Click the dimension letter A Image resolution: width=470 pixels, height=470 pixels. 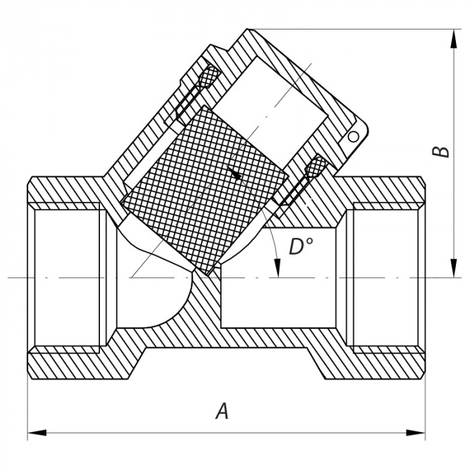pyautogui.click(x=222, y=411)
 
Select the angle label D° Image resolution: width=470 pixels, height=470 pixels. pyautogui.click(x=301, y=248)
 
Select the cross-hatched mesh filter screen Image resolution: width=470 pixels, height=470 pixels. pyautogui.click(x=201, y=188)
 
